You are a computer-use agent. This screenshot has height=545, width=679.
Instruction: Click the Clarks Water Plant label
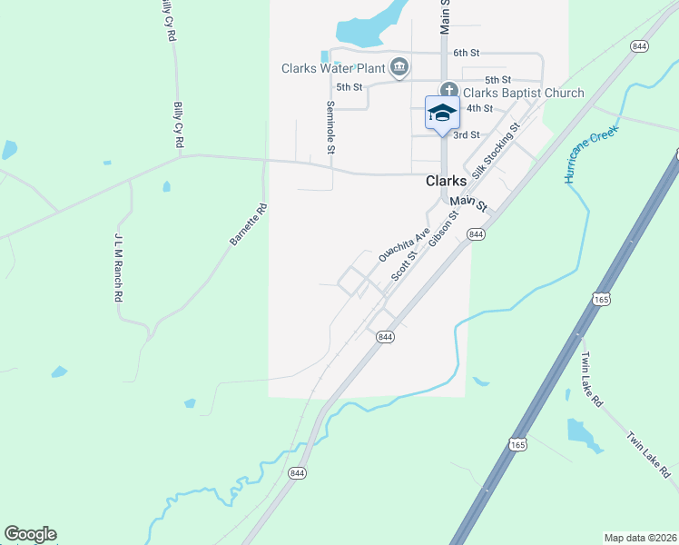(332, 68)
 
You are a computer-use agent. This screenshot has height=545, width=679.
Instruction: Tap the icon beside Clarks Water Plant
(399, 67)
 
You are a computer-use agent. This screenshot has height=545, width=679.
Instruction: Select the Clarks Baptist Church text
(524, 93)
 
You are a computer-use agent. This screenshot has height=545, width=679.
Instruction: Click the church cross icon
(448, 92)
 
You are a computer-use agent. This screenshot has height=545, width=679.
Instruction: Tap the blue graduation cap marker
(442, 113)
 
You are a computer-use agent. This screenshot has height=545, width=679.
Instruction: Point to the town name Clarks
(447, 181)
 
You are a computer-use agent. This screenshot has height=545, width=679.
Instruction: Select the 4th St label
(479, 108)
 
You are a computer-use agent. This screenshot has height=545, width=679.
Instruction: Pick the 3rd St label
(467, 134)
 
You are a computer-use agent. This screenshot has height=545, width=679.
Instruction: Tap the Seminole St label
(330, 126)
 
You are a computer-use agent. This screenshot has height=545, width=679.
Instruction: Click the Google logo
(30, 534)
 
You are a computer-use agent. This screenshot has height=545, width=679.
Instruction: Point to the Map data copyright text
(640, 538)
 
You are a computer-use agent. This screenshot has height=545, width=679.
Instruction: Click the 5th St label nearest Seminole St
(349, 87)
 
